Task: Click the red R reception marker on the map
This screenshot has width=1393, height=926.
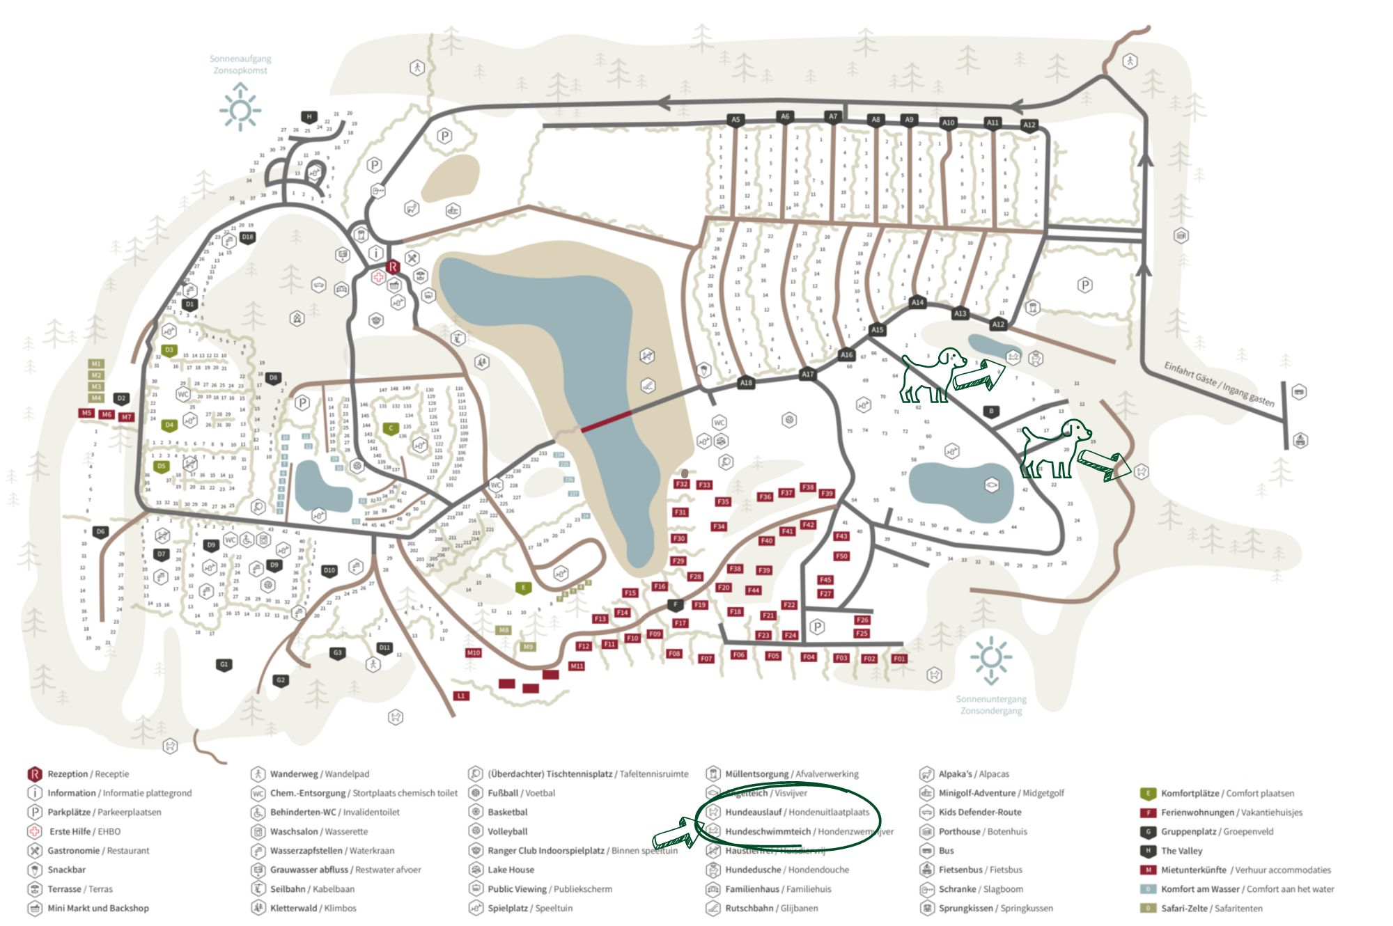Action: tap(393, 267)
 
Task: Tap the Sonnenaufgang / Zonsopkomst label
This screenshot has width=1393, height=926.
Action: tap(240, 65)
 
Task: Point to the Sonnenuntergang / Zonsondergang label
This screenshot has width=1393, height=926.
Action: tap(991, 705)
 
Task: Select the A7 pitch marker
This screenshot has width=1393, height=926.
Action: tap(833, 116)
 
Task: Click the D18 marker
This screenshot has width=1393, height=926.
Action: tap(247, 237)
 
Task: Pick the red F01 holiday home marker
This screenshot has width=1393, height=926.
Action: tap(899, 658)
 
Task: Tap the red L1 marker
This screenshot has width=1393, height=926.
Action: tap(460, 696)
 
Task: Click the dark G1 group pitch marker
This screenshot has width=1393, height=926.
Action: tap(224, 664)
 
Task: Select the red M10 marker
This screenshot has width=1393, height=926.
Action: tap(474, 653)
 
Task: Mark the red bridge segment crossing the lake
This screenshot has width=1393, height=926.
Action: tap(606, 421)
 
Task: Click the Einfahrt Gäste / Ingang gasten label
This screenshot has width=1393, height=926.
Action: tap(1219, 384)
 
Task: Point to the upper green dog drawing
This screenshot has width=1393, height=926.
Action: tap(932, 375)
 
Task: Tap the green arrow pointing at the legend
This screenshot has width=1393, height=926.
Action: tap(674, 833)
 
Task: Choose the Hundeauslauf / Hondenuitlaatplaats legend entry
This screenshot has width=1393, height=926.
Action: tap(797, 812)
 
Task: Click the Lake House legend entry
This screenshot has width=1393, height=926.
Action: tap(511, 870)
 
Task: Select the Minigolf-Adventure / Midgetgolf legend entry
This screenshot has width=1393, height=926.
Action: tap(1001, 793)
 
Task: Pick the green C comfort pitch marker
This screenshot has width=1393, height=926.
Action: tap(391, 428)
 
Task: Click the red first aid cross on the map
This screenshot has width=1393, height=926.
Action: tap(378, 277)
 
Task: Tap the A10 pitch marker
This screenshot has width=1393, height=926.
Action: tap(948, 123)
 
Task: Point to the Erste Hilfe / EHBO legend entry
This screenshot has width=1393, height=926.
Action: tap(84, 831)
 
